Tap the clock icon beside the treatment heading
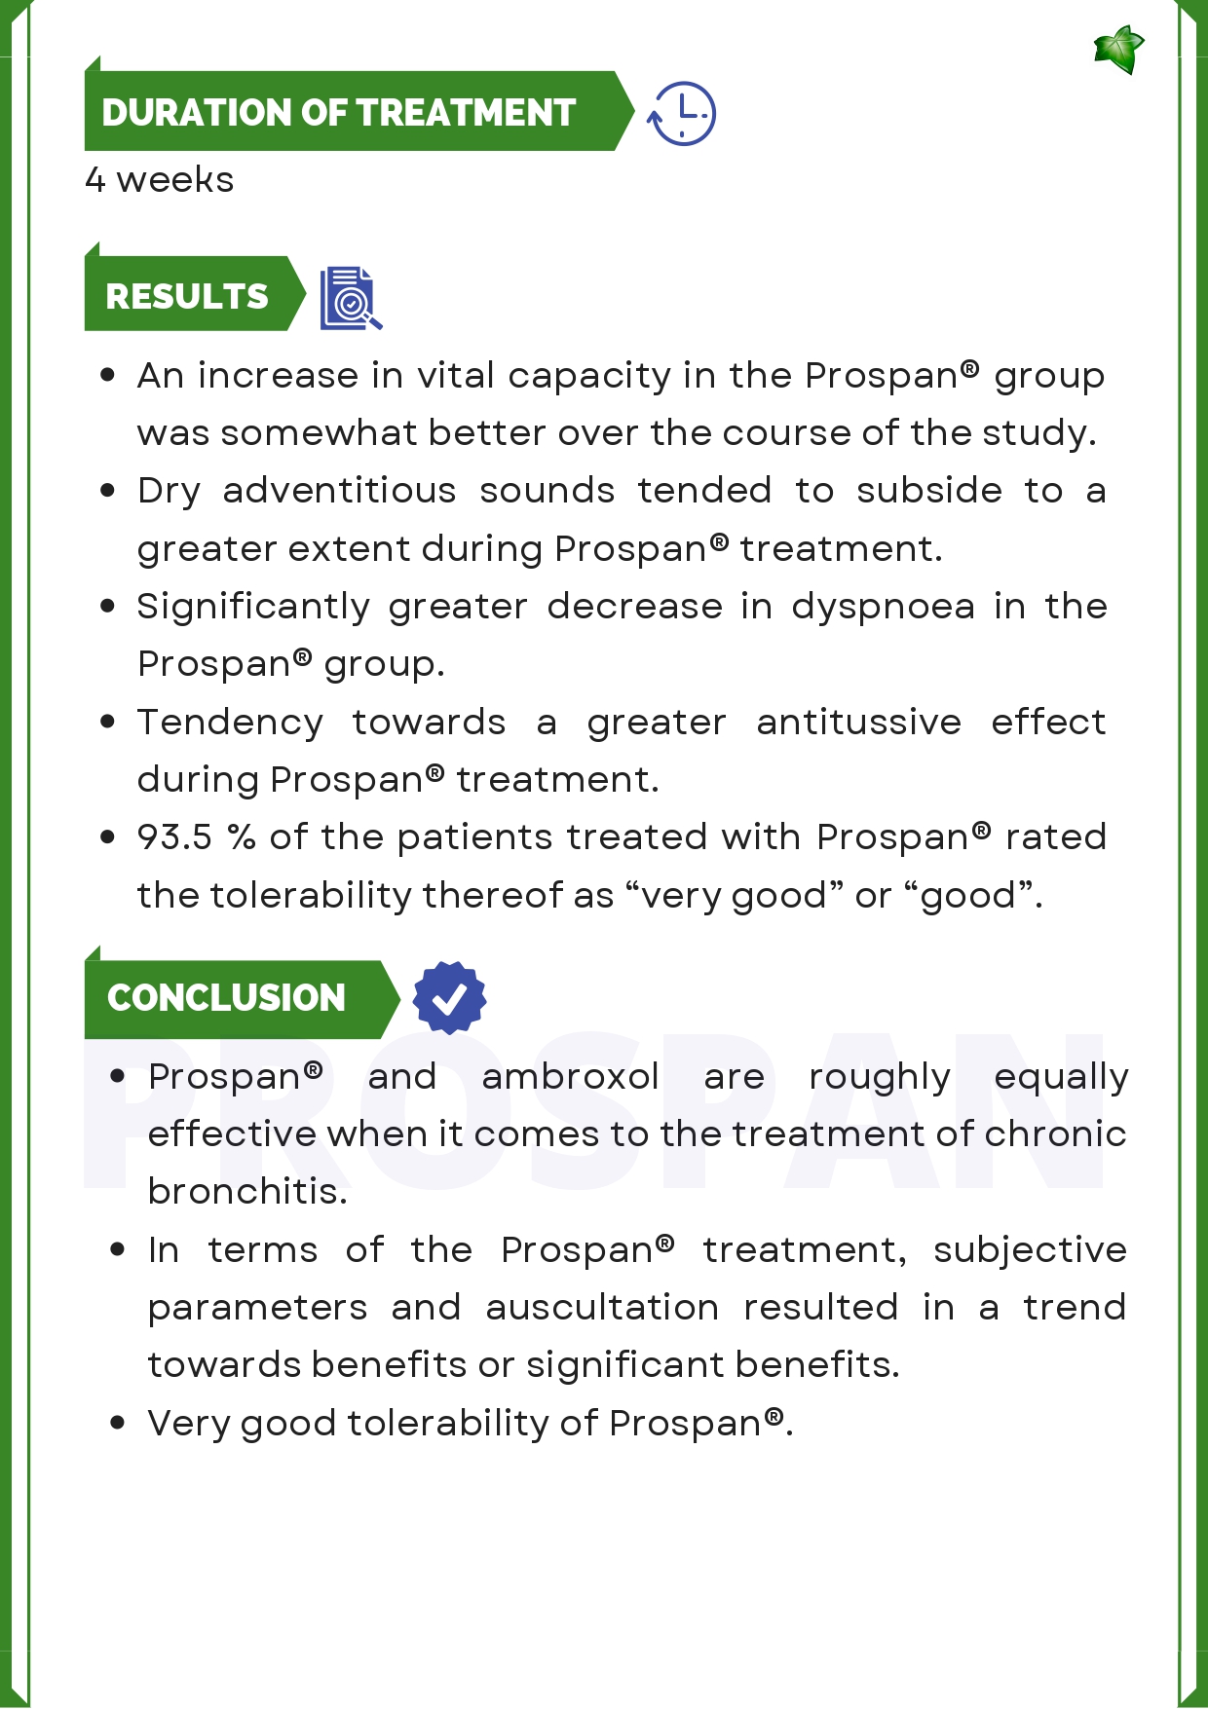click(682, 114)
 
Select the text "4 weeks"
click(160, 180)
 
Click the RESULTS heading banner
click(187, 296)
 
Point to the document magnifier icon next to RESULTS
click(350, 298)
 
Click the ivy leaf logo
click(1118, 50)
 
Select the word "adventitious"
click(339, 491)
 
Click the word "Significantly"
click(252, 607)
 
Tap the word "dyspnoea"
click(883, 607)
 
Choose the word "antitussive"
click(858, 723)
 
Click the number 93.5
click(174, 837)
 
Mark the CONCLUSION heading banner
click(226, 998)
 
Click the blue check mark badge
click(449, 997)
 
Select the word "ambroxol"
click(570, 1077)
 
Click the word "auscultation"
click(602, 1308)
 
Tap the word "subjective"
click(1030, 1250)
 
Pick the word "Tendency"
click(230, 723)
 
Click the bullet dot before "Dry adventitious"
click(108, 491)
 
